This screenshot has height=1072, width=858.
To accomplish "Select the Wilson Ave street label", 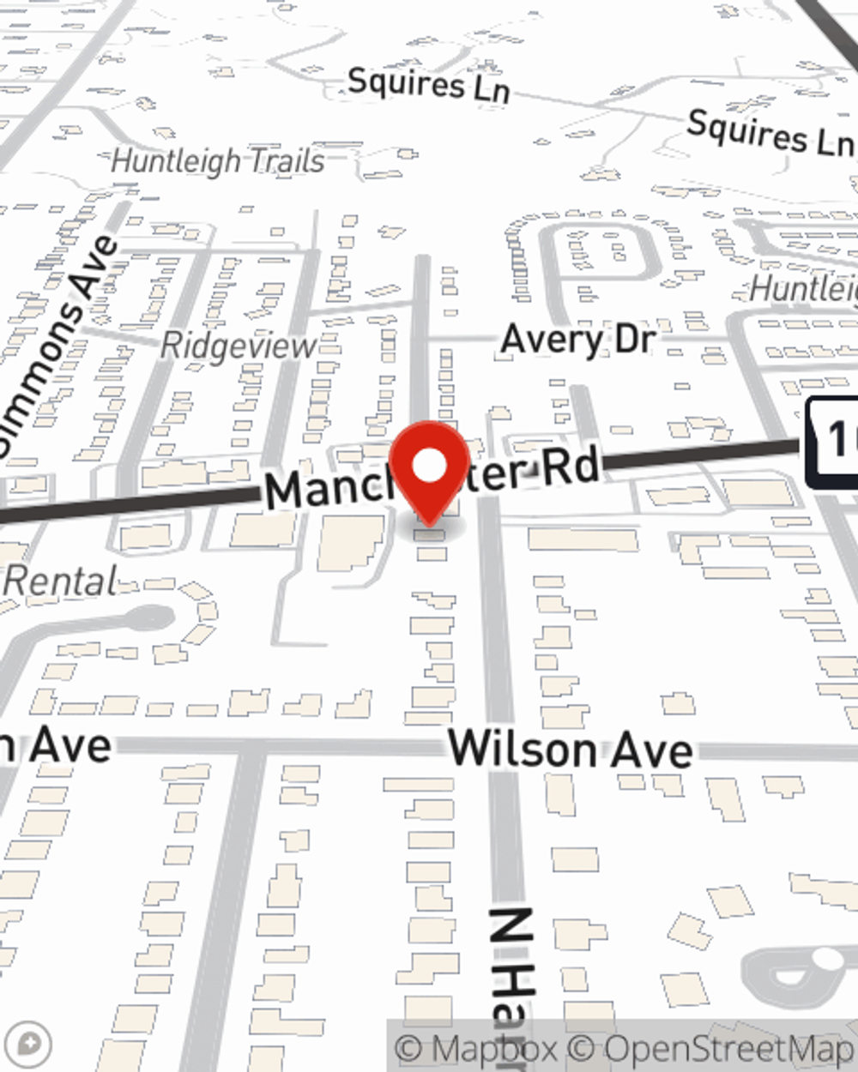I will pyautogui.click(x=571, y=749).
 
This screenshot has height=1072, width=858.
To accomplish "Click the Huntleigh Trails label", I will pyautogui.click(x=218, y=160).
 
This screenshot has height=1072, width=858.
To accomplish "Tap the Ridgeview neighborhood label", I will pyautogui.click(x=239, y=346).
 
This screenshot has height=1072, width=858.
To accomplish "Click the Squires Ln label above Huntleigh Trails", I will pyautogui.click(x=428, y=84).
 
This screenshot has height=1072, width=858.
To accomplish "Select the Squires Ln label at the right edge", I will pyautogui.click(x=770, y=134).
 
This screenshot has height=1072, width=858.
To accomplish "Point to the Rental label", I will pyautogui.click(x=60, y=582).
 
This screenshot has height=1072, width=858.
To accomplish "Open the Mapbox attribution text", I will pyautogui.click(x=476, y=1048).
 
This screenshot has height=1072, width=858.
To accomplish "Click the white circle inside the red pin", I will pyautogui.click(x=430, y=466).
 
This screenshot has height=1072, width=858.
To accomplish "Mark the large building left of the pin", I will pyautogui.click(x=352, y=543).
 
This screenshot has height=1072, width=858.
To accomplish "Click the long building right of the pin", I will pyautogui.click(x=583, y=540).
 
